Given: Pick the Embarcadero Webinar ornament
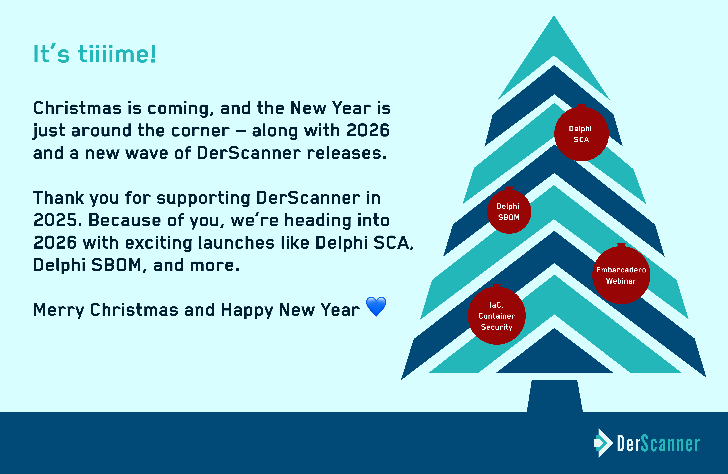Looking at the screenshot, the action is (621, 275).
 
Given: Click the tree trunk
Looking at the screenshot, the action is (555, 396).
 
